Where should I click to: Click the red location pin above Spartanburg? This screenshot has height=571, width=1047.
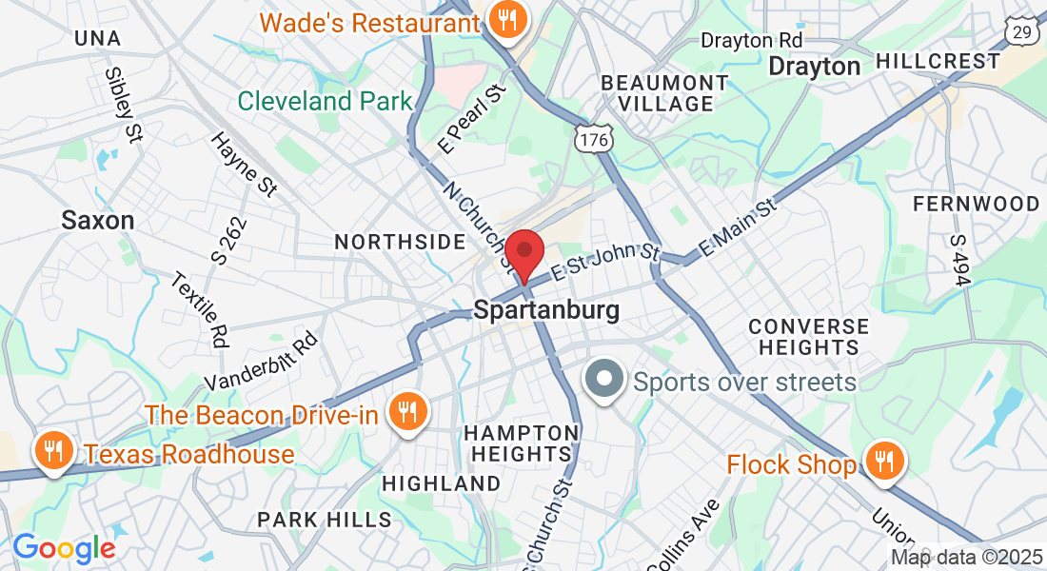pos(523,253)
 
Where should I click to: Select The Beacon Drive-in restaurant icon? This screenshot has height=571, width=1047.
pos(409,412)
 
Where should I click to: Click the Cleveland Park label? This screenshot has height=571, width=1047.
pos(325,101)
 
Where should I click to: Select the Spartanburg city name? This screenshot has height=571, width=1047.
pos(546,310)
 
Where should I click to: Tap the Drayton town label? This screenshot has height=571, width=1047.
pos(814,67)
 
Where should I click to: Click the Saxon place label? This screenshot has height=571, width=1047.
pos(97,221)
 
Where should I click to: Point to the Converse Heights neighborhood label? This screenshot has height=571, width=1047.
pos(808,337)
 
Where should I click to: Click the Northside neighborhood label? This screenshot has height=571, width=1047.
pos(400,243)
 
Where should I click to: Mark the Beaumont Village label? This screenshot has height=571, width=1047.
pos(664,93)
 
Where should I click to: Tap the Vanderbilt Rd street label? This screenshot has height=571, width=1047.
pos(260,361)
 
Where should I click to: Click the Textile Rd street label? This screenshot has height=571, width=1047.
pos(202,309)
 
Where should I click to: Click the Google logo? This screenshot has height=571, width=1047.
pos(64,548)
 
